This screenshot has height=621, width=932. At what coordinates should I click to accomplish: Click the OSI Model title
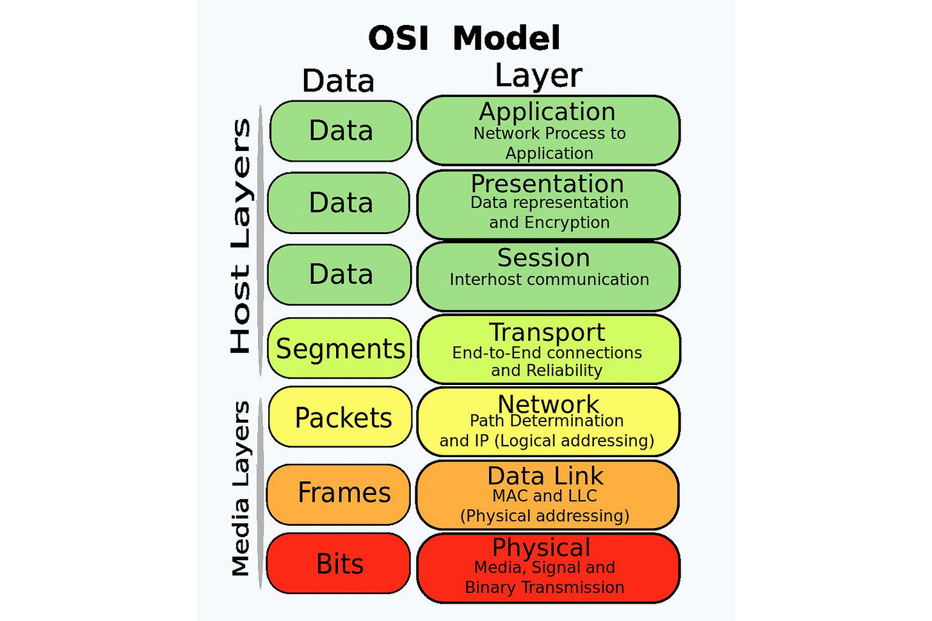pyautogui.click(x=465, y=38)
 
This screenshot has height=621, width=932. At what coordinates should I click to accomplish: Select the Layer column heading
pyautogui.click(x=538, y=75)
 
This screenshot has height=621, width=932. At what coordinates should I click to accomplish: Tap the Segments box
pyautogui.click(x=340, y=349)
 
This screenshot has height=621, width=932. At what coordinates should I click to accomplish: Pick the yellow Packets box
pyautogui.click(x=341, y=417)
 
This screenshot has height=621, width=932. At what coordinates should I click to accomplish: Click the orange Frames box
pyautogui.click(x=339, y=493)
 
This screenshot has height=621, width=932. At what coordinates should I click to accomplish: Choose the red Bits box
pyautogui.click(x=339, y=564)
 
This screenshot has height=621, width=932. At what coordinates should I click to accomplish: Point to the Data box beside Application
pyautogui.click(x=341, y=130)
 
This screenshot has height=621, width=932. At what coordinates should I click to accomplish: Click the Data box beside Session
pyautogui.click(x=340, y=274)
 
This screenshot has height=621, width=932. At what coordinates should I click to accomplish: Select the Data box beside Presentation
pyautogui.click(x=339, y=203)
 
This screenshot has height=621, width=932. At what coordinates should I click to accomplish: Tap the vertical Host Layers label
pyautogui.click(x=241, y=237)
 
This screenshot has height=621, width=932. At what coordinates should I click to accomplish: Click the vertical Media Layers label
pyautogui.click(x=241, y=489)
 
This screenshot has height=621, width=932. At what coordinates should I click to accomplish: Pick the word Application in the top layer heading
pyautogui.click(x=547, y=112)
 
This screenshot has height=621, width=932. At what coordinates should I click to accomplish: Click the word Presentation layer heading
pyautogui.click(x=547, y=184)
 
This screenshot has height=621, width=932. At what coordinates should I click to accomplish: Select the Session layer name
pyautogui.click(x=543, y=258)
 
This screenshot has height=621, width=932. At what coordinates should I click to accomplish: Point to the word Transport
pyautogui.click(x=547, y=333)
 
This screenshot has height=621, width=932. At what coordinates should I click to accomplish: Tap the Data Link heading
pyautogui.click(x=545, y=476)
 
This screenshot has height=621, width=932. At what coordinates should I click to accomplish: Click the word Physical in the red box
pyautogui.click(x=542, y=547)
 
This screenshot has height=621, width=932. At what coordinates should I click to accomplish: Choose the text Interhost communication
pyautogui.click(x=549, y=279)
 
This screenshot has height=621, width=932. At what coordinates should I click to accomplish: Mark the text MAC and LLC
pyautogui.click(x=544, y=496)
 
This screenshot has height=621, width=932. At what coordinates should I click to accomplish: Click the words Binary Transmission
pyautogui.click(x=545, y=587)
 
